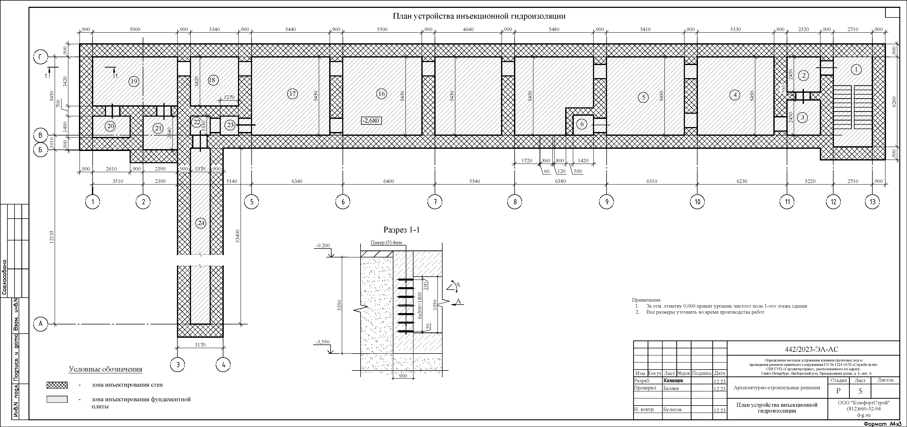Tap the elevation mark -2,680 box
click(371, 121)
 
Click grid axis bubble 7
click(435, 202)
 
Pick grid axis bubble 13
click(872, 202)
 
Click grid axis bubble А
click(41, 324)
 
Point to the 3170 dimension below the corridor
click(200, 345)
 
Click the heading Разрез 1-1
click(401, 230)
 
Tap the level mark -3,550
click(322, 342)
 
